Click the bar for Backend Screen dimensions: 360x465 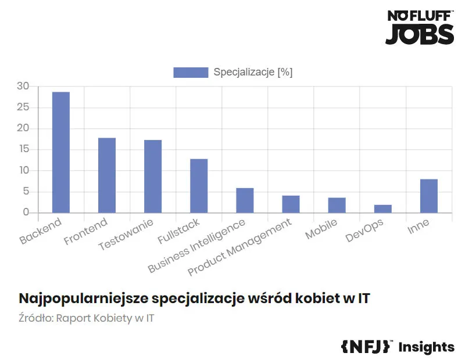click(x=61, y=152)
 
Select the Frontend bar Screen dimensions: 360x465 click(x=107, y=175)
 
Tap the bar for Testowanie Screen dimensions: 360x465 click(x=153, y=176)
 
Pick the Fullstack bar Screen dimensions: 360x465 click(x=199, y=185)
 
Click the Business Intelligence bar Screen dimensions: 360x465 click(x=245, y=200)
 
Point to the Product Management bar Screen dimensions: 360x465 click(x=291, y=204)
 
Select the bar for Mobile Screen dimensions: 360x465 click(x=337, y=205)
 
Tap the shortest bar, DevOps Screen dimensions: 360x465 click(x=382, y=208)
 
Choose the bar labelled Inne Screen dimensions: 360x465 click(x=429, y=196)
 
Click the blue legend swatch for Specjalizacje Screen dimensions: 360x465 click(x=191, y=73)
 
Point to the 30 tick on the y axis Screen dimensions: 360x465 click(x=23, y=87)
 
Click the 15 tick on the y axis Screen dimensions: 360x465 click(x=23, y=150)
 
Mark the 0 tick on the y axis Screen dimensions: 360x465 click(x=26, y=213)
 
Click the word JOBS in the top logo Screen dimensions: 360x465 click(x=420, y=34)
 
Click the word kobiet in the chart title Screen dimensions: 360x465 click(x=314, y=298)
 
